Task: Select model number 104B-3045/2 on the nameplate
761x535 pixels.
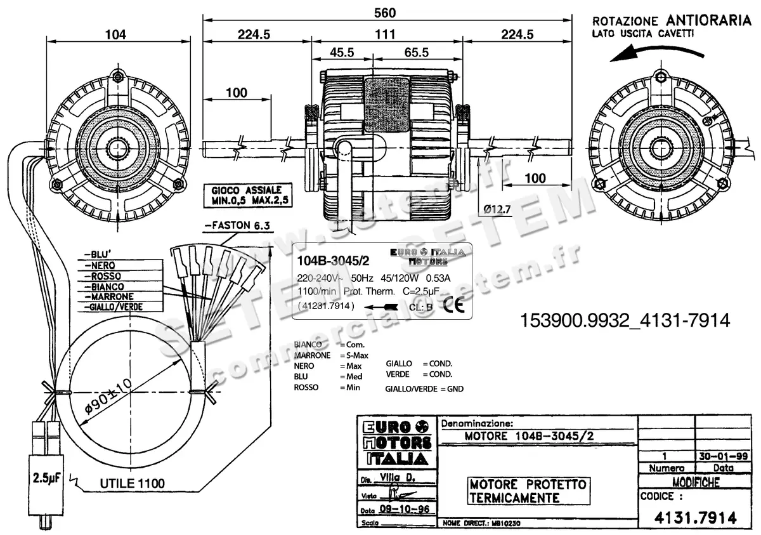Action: point(333,260)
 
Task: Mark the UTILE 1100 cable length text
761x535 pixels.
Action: point(132,484)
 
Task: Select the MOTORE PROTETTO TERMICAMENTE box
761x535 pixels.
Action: point(528,491)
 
